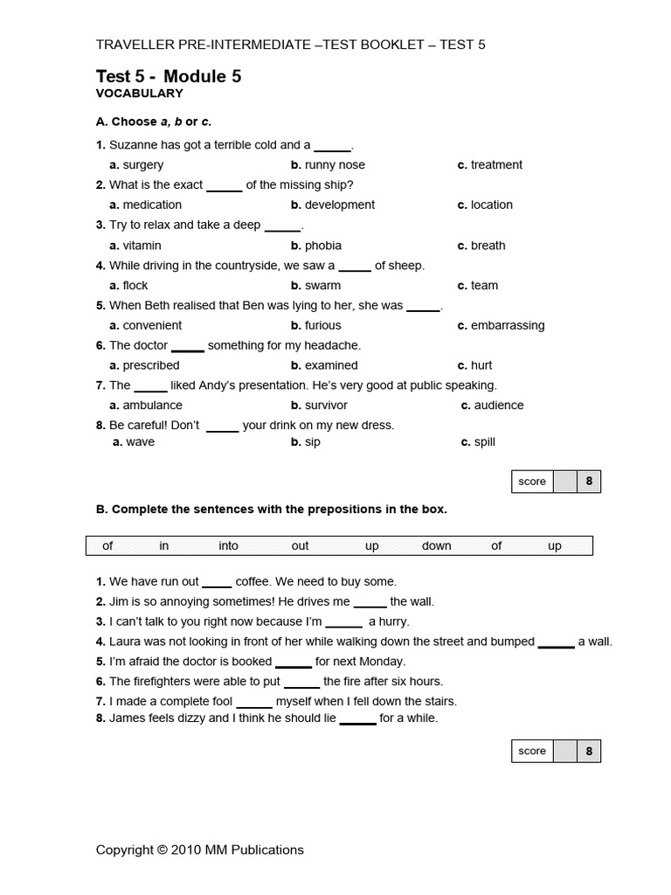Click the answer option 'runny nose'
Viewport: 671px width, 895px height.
click(334, 165)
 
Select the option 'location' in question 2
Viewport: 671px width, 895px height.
click(491, 205)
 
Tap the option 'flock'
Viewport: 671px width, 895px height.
click(135, 286)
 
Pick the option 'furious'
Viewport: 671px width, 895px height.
click(322, 326)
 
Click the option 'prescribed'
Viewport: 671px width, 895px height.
click(150, 366)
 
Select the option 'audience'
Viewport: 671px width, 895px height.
click(498, 406)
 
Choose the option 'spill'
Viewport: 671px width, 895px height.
click(484, 442)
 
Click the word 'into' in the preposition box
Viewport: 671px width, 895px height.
click(228, 546)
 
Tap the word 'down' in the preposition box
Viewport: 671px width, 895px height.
click(436, 546)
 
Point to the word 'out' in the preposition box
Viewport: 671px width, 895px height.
click(300, 546)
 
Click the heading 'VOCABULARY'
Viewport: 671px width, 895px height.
click(139, 94)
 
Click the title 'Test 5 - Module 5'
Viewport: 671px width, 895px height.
click(168, 77)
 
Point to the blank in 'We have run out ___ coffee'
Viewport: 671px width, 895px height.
click(217, 583)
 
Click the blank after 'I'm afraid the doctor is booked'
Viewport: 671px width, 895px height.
click(293, 663)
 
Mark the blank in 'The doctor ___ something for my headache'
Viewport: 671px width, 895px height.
click(187, 347)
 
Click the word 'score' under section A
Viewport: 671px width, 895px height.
click(532, 482)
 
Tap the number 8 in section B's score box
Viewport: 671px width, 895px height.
click(589, 751)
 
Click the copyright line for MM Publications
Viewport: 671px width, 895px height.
click(199, 850)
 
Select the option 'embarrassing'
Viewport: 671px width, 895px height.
click(507, 326)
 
